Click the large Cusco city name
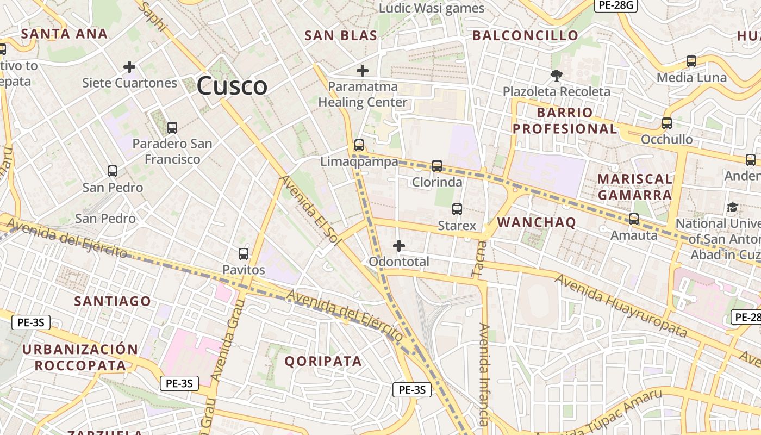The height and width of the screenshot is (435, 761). point(232,86)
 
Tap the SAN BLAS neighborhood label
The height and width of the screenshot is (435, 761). point(341,36)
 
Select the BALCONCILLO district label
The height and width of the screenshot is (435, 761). point(525,36)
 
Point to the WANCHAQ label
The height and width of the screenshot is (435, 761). point(537,222)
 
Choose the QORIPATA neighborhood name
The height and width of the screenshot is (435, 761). point(323,361)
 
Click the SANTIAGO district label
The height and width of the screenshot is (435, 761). point(113,301)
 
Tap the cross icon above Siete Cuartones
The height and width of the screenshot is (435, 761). point(129,67)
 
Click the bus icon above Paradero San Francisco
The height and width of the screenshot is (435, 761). point(172,128)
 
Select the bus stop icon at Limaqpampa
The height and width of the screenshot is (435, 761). point(359,145)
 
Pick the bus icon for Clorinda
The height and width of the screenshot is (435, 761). point(437,166)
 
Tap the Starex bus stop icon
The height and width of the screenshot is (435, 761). point(457,209)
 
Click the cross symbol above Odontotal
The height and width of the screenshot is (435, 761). point(399,246)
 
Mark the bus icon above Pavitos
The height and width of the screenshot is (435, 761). point(244,254)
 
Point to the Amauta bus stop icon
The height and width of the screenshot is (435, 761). point(634,219)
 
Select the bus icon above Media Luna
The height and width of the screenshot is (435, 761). point(691,61)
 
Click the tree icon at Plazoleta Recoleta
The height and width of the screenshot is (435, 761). point(557,75)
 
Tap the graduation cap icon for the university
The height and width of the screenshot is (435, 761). point(733,207)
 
